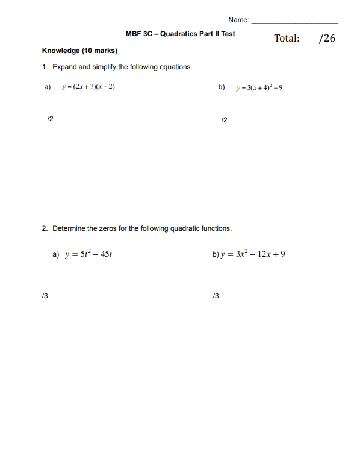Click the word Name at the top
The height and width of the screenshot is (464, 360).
coord(238,21)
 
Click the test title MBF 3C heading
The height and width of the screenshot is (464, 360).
coord(181,34)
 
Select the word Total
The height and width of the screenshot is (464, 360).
coord(287,39)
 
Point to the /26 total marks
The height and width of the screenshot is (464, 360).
coord(327,39)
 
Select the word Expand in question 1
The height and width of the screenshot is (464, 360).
coord(65,67)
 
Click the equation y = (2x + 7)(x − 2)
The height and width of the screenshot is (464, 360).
coord(88,87)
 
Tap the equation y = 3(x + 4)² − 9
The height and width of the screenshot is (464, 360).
coord(259,87)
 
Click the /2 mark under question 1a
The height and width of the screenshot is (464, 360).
coord(50,119)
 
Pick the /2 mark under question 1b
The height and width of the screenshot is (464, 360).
coord(225,120)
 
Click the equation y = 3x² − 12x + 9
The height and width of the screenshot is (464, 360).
coord(252,254)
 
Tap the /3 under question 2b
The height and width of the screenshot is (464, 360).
coord(216,296)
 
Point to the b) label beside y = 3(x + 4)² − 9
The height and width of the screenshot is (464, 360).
coord(222,87)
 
